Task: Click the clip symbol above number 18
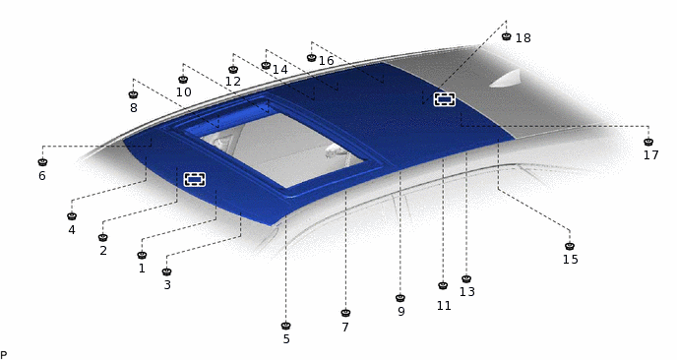[507, 36]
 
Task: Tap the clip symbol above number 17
[648, 142]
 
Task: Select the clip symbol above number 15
[570, 246]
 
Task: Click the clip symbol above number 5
[285, 326]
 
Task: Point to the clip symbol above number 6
[42, 162]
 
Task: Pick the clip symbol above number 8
[133, 94]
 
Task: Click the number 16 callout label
[327, 61]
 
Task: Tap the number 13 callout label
[467, 292]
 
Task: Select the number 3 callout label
[167, 285]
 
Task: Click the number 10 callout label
[183, 92]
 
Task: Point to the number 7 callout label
[345, 328]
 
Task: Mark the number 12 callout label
[232, 82]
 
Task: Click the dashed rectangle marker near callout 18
[445, 99]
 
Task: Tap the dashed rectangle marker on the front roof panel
[194, 179]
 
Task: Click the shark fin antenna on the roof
[506, 79]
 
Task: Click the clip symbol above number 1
[142, 255]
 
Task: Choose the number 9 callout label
[401, 312]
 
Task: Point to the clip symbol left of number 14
[266, 65]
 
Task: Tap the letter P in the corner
[4, 355]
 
